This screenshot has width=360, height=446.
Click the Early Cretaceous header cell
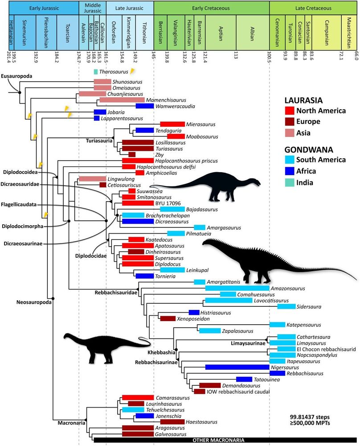211,8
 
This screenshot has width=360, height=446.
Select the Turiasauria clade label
98,140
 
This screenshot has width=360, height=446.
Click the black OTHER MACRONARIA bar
225,440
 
